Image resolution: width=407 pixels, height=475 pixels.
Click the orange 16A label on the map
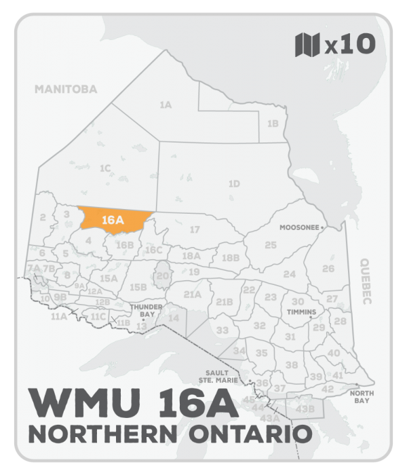click(x=111, y=220)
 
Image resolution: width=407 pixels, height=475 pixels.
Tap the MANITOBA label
click(x=66, y=89)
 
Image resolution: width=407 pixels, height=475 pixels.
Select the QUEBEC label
click(x=367, y=282)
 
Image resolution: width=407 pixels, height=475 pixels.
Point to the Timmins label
click(x=302, y=312)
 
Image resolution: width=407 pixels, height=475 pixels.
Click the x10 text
click(x=350, y=45)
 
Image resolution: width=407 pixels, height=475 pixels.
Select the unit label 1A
click(x=165, y=105)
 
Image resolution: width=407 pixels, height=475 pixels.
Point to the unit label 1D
click(x=234, y=183)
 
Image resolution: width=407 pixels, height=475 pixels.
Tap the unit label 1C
click(x=104, y=168)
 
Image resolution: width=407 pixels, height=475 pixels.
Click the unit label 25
click(x=271, y=244)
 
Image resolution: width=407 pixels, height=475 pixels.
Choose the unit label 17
click(x=195, y=229)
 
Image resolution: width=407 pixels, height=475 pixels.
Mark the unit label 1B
click(x=273, y=123)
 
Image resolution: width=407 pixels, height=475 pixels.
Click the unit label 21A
click(x=193, y=294)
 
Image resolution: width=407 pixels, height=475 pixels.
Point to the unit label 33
click(x=222, y=330)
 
